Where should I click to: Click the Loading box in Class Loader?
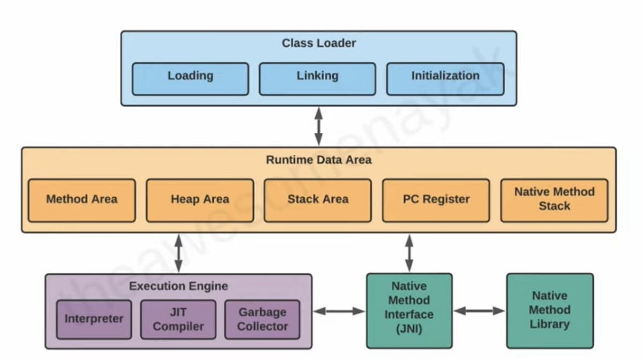click(190, 79)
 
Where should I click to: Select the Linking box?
click(317, 79)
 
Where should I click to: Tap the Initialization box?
click(445, 79)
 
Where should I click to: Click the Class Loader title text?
click(318, 43)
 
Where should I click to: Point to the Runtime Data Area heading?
click(318, 160)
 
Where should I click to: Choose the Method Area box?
click(81, 200)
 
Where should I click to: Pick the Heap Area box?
click(199, 200)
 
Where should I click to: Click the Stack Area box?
click(317, 200)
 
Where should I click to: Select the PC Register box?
click(436, 200)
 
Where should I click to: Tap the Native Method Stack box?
click(554, 200)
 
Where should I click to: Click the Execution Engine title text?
click(178, 286)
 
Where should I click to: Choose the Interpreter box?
click(94, 319)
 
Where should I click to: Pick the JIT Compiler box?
click(178, 319)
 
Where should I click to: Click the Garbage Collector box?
click(262, 319)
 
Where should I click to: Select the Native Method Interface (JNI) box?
click(409, 310)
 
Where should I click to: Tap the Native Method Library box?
click(549, 310)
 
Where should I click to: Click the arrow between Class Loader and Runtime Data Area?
click(318, 126)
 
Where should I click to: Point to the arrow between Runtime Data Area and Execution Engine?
click(178, 253)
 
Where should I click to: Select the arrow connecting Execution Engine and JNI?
click(339, 311)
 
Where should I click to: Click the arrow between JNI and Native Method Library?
click(479, 311)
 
